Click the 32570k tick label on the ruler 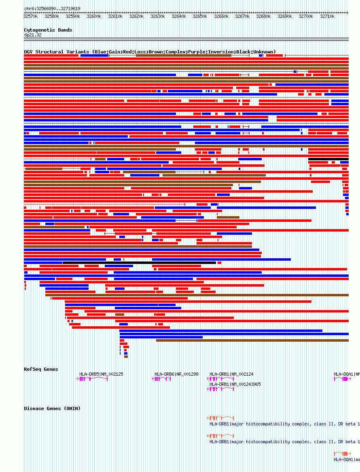30,16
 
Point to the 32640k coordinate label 179,16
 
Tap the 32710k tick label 327,16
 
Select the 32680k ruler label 263,16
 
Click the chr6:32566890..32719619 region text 52,9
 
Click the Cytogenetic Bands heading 48,30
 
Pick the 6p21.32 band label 33,35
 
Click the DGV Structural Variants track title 150,52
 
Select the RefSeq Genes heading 41,369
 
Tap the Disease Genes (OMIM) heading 52,408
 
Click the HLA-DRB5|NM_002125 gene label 101,374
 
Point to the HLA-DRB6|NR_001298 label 176,374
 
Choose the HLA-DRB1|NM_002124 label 231,374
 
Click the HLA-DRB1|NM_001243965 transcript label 235,384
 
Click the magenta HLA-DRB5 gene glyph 92,379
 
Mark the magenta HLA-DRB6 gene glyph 161,379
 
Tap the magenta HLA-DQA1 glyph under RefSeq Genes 341,379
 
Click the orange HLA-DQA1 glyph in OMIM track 341,453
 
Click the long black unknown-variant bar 139,263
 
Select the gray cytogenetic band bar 186,39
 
